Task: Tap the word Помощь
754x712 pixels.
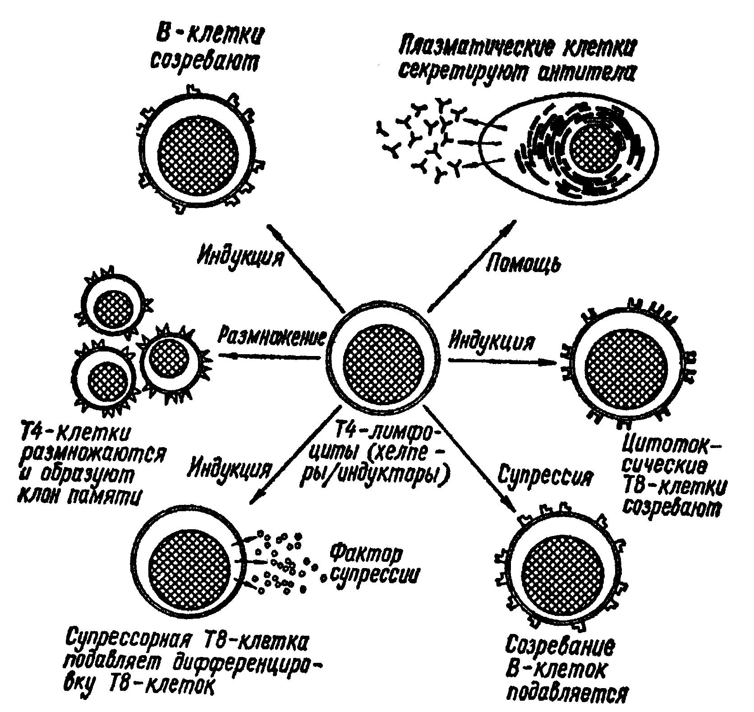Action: click(524, 263)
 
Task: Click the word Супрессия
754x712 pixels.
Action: click(546, 476)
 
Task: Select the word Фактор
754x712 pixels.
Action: click(366, 555)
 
